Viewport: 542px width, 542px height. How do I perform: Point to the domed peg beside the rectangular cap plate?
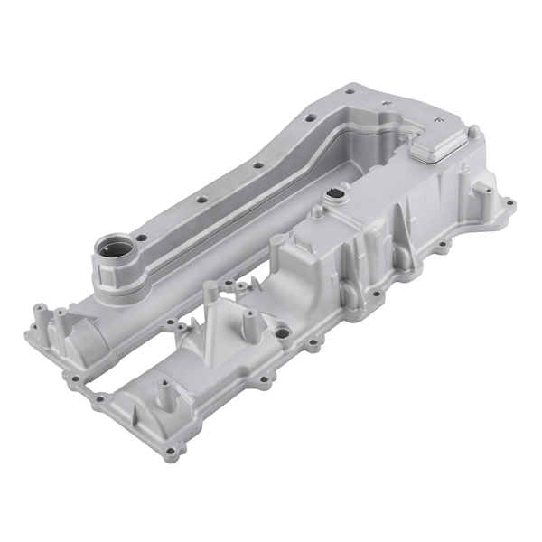tap(472, 132)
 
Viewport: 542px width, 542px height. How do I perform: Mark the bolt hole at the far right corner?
tap(512, 202)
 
